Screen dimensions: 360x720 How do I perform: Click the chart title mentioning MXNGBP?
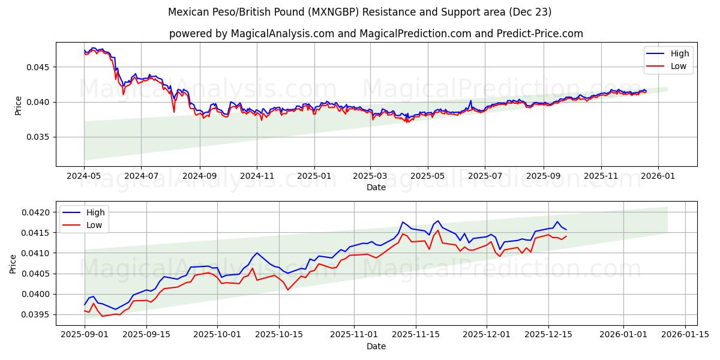[x=359, y=12]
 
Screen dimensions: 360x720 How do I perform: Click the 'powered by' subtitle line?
[x=376, y=34]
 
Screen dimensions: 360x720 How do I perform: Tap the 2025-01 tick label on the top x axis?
[x=314, y=176]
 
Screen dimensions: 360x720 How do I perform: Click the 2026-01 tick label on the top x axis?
[x=658, y=176]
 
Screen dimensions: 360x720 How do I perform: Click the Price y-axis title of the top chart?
[x=18, y=106]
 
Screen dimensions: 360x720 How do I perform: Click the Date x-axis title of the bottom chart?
[x=376, y=346]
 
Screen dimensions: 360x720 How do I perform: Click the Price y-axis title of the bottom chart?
[x=13, y=264]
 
